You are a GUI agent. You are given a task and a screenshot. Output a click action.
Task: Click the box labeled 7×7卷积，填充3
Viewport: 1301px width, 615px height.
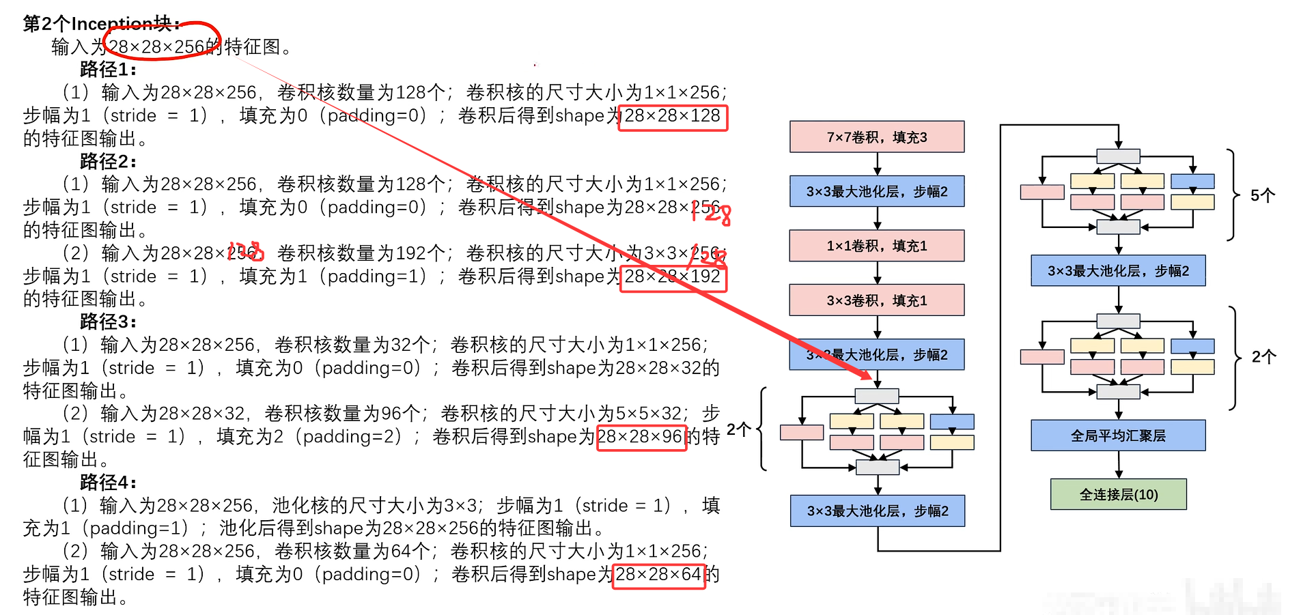coord(876,137)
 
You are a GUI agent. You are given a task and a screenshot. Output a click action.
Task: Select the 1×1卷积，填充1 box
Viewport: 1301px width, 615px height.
coord(876,246)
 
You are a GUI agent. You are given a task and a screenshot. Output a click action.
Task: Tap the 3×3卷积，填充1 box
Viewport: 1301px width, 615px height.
coord(876,300)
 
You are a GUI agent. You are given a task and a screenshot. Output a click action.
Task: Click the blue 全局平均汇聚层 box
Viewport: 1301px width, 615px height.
coord(1118,435)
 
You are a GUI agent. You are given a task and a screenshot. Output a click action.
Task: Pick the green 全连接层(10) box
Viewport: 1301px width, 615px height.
coord(1118,494)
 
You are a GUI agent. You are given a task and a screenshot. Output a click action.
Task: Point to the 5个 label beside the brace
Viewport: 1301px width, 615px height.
coord(1262,196)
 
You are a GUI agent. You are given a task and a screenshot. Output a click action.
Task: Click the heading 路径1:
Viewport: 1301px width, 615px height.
coord(108,70)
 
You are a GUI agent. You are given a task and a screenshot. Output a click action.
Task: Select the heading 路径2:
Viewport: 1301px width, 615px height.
coord(108,162)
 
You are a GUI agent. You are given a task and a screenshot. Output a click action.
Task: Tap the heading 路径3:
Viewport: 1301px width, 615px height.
coord(108,321)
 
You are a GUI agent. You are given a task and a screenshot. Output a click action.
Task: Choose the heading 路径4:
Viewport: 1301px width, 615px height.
coord(108,483)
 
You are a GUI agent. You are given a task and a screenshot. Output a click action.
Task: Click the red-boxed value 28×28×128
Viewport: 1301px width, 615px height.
coord(673,116)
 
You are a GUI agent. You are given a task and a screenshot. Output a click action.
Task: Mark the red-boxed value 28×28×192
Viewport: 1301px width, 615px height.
coord(673,277)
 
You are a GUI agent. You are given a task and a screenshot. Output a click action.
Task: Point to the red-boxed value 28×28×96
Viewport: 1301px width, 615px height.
coord(641,437)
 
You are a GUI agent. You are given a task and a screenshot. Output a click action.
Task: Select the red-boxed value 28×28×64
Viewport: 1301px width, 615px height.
coord(658,575)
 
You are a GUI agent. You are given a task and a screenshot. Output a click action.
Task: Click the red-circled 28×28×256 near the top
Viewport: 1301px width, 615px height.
coord(157,46)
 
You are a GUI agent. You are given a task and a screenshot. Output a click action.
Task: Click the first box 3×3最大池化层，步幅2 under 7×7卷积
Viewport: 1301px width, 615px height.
coord(876,192)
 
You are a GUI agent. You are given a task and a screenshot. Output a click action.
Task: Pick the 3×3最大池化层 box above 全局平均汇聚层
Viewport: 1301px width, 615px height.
coord(1118,271)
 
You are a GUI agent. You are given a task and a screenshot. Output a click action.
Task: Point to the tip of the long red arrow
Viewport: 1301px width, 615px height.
coord(871,378)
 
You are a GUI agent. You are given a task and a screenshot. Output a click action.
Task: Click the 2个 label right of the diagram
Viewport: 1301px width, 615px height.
coord(1263,357)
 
